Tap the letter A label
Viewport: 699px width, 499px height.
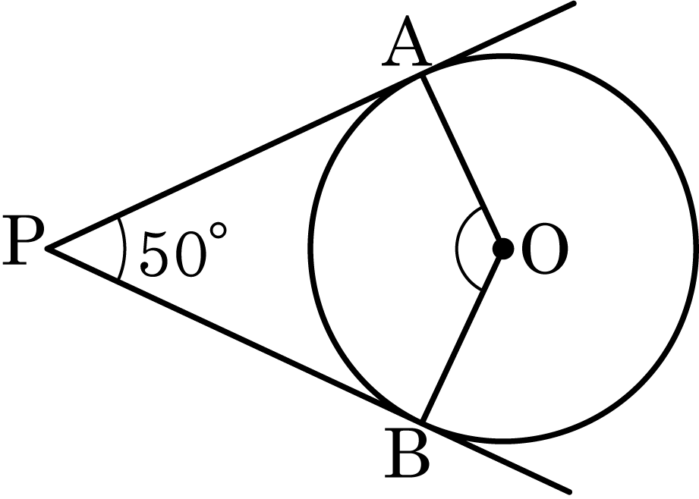pos(407,40)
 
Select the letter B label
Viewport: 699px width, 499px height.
pos(407,453)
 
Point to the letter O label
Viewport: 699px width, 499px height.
pos(544,249)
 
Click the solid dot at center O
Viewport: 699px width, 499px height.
pos(503,248)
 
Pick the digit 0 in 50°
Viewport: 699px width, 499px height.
pos(190,255)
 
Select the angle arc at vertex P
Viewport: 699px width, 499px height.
pos(124,248)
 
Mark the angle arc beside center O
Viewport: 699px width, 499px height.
pos(456,248)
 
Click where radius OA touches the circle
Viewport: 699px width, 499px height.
pos(423,76)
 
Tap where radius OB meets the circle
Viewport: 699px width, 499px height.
pos(423,421)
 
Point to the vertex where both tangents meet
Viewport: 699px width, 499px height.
pos(47,249)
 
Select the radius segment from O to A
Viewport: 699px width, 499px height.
pos(463,162)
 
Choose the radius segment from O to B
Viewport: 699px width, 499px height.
pos(463,334)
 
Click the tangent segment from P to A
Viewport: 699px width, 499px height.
pos(235,162)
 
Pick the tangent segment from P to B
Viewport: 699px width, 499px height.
pos(235,334)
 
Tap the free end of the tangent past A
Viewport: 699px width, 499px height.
pos(574,4)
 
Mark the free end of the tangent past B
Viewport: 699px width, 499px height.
pos(570,492)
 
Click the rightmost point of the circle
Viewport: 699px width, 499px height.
pos(695,248)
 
